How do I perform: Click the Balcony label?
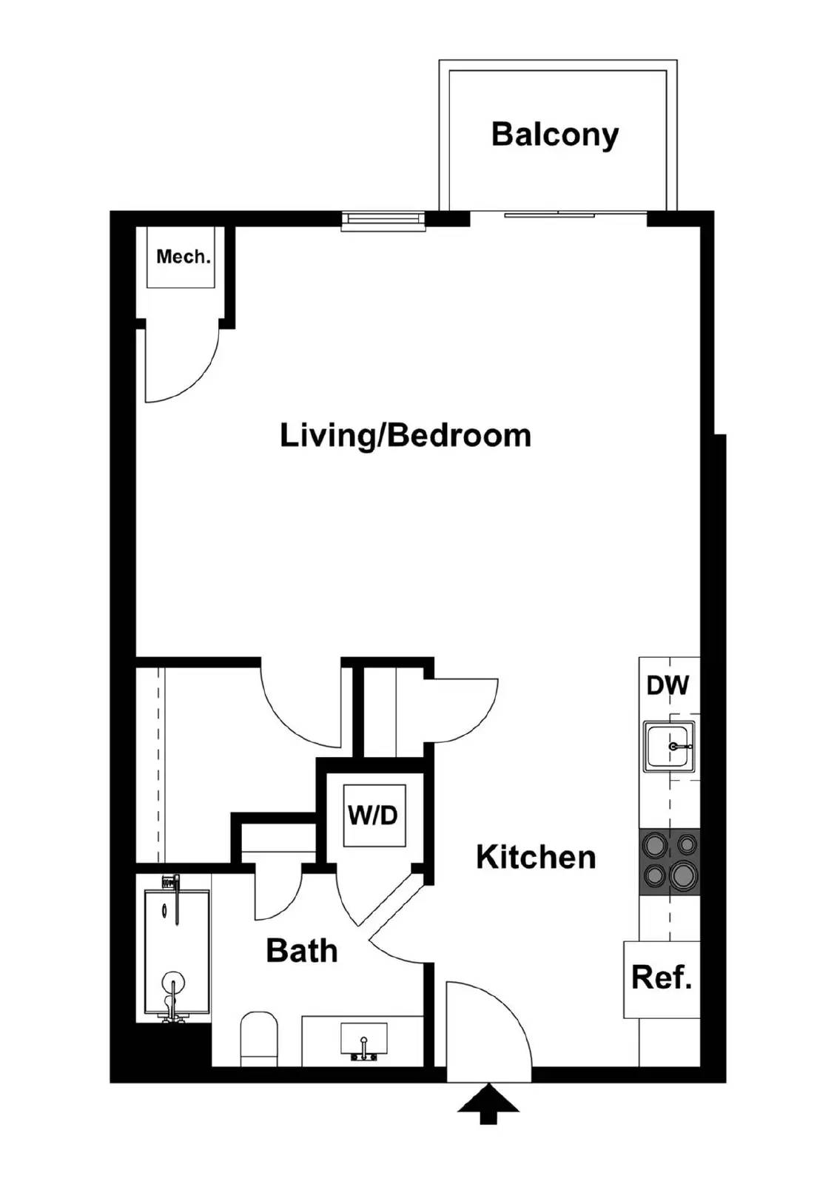(555, 135)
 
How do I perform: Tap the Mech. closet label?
(183, 257)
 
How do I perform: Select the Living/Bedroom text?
(406, 435)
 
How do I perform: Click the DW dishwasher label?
(668, 685)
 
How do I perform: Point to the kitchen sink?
(669, 747)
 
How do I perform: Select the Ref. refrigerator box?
(662, 978)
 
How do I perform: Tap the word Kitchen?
(536, 857)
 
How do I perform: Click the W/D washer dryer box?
(374, 815)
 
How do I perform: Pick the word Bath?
(302, 950)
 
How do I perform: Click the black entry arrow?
(488, 1103)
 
